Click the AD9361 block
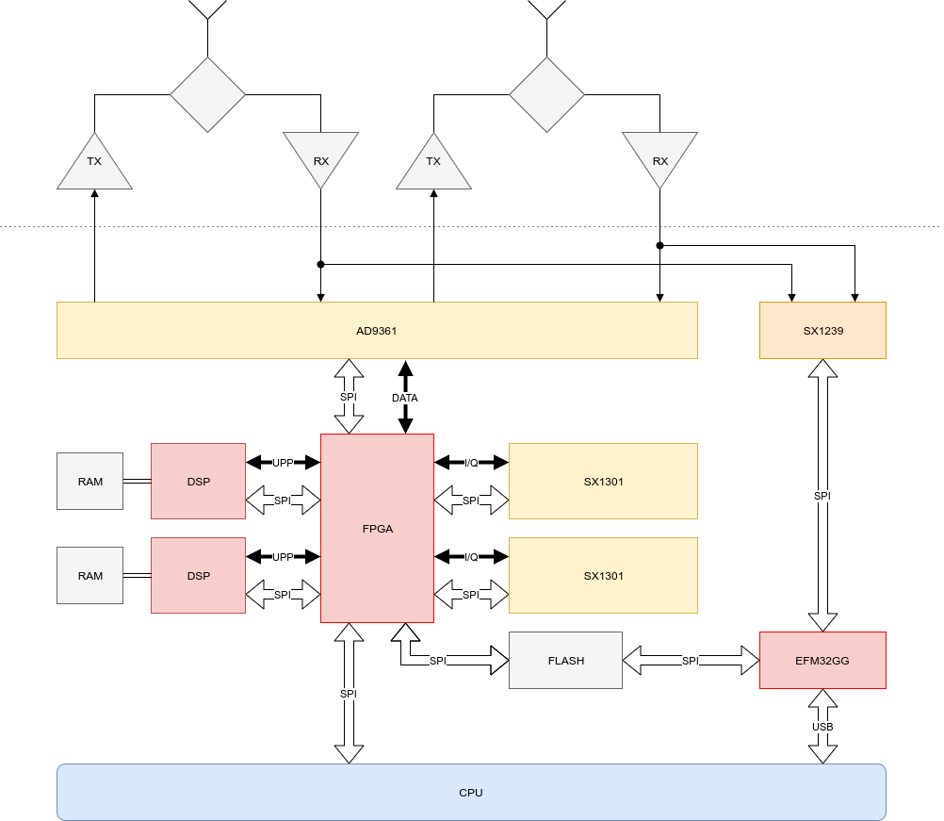coord(377,331)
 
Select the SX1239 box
coord(822,331)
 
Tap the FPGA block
coord(377,529)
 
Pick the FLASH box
coord(565,661)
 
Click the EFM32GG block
coord(822,661)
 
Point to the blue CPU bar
coord(471,793)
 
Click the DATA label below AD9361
coord(404,398)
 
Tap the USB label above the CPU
coord(822,727)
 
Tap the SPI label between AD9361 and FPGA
coord(349,398)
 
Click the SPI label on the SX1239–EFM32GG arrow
coord(822,496)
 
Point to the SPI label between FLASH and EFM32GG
coord(691,661)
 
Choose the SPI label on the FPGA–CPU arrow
coord(349,694)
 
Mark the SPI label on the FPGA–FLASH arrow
coord(437,661)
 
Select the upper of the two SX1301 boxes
coord(603,482)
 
